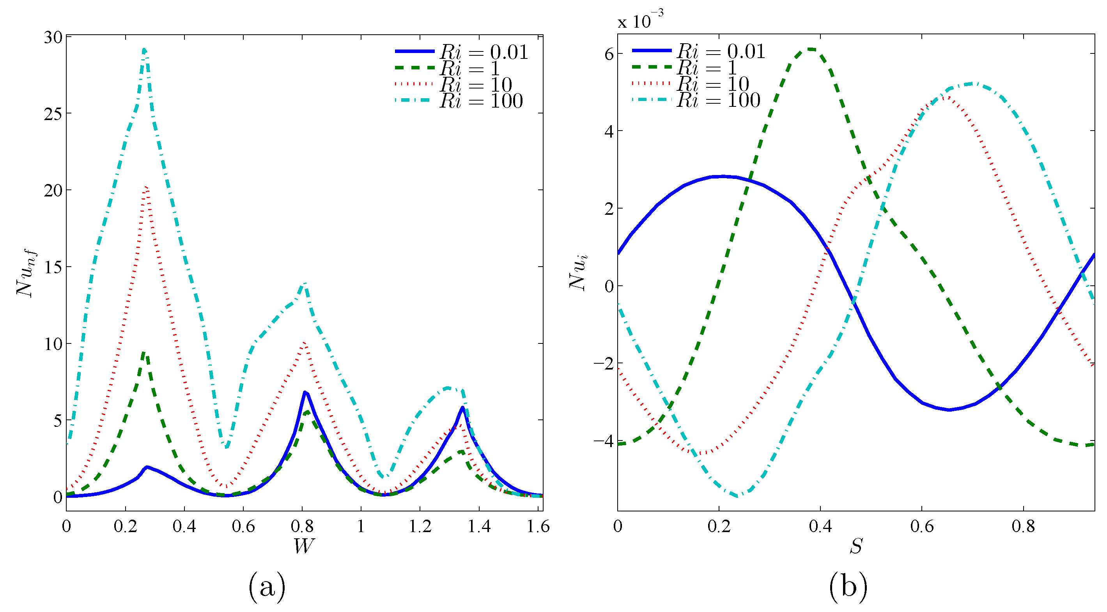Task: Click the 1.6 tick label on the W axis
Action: [x=538, y=526]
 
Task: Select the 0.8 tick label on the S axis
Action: [x=1023, y=526]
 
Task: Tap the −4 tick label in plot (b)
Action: [x=603, y=441]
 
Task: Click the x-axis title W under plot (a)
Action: [x=303, y=546]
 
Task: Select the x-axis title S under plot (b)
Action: [x=855, y=546]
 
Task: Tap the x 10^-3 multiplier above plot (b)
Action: [x=640, y=20]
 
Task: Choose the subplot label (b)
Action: [x=848, y=587]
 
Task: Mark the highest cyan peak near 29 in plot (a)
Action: [x=144, y=50]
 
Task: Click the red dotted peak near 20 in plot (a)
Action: [x=146, y=187]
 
